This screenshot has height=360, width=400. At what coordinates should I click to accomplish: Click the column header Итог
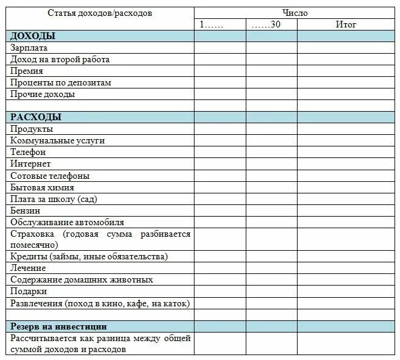(x=346, y=24)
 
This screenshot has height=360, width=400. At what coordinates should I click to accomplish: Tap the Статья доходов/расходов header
(x=101, y=13)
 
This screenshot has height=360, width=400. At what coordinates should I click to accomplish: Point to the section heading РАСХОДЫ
(x=36, y=117)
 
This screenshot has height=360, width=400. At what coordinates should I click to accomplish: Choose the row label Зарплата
(x=29, y=48)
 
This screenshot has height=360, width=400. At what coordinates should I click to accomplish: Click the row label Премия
(x=27, y=71)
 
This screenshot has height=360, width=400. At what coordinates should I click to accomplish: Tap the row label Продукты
(x=32, y=129)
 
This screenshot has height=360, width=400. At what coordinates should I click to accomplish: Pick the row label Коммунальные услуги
(x=58, y=140)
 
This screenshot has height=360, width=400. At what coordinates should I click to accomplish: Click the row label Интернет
(x=30, y=164)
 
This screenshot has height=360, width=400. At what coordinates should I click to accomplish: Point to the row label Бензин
(x=26, y=211)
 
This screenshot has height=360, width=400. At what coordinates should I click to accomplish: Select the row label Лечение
(x=28, y=268)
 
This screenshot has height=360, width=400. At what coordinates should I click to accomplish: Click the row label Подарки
(x=29, y=291)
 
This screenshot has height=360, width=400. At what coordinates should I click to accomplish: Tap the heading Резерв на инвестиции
(x=59, y=326)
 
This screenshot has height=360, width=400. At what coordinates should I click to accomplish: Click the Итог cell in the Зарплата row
(x=346, y=48)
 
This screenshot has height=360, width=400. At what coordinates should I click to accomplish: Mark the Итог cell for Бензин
(x=346, y=211)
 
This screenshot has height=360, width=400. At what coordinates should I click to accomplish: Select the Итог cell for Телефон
(x=346, y=152)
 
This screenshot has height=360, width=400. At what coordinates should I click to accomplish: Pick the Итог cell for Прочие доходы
(x=346, y=94)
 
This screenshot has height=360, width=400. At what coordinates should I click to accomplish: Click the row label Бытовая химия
(x=43, y=187)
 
